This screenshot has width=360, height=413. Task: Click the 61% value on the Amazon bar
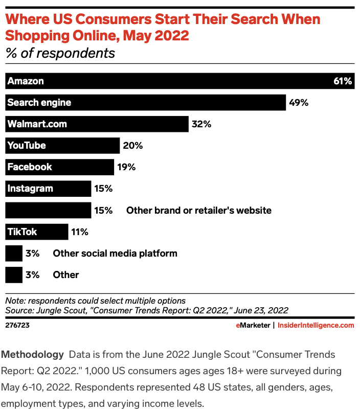(x=343, y=81)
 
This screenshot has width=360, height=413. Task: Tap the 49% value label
(x=299, y=103)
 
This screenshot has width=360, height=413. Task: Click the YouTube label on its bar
(x=27, y=146)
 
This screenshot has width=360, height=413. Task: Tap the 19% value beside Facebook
(x=126, y=167)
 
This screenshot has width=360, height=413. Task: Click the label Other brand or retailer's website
(x=198, y=210)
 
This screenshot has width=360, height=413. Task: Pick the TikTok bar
(x=36, y=232)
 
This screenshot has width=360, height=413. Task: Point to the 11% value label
(x=80, y=232)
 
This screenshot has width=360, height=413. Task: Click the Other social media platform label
(x=115, y=253)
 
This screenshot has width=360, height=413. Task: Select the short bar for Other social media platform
(x=14, y=253)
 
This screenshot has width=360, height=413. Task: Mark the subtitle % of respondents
(x=60, y=53)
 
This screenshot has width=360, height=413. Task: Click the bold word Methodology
(x=33, y=354)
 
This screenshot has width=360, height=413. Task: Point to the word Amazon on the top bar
(x=26, y=81)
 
